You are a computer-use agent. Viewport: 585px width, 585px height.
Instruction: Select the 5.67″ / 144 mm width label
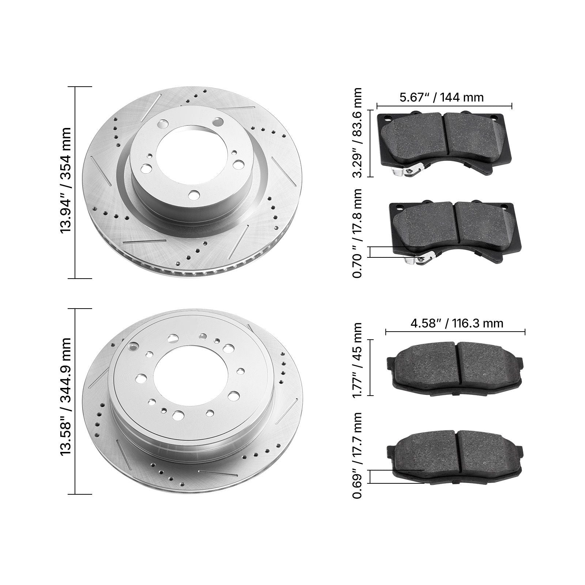[441, 97]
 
